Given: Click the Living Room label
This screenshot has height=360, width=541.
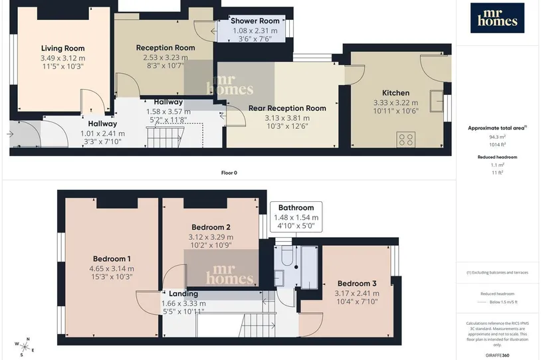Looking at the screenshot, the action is tap(62, 48).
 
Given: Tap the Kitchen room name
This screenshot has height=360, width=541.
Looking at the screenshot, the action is tap(395, 93).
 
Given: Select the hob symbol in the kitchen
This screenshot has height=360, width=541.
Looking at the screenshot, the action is tap(405, 139).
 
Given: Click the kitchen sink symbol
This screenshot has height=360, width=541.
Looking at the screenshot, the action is tap(437, 101).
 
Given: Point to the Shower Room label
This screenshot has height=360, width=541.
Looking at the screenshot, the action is tap(255, 21).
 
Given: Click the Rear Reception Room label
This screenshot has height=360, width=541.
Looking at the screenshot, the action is tap(287, 108).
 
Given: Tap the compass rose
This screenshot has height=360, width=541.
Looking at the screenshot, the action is tap(25, 347).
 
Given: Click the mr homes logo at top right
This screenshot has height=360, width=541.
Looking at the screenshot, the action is tap(497, 18).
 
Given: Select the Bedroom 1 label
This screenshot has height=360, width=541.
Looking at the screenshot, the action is tap(112, 258).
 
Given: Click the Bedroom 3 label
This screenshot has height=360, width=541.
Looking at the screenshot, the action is tap(357, 284).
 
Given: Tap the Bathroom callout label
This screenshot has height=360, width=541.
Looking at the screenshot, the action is tap(296, 208).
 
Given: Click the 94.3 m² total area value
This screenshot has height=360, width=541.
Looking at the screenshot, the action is tap(497, 137).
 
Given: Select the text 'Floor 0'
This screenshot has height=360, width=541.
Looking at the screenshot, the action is tap(229, 173).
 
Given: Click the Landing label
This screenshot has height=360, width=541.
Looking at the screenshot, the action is tap(183, 294).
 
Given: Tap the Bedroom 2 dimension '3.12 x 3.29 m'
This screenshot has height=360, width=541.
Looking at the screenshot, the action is tap(211, 237).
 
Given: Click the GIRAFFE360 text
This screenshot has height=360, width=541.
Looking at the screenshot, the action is tap(497, 355).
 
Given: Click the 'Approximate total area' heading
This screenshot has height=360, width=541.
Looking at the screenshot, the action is tap(496, 128).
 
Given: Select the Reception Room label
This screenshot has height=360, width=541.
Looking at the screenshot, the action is tap(165, 48).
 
